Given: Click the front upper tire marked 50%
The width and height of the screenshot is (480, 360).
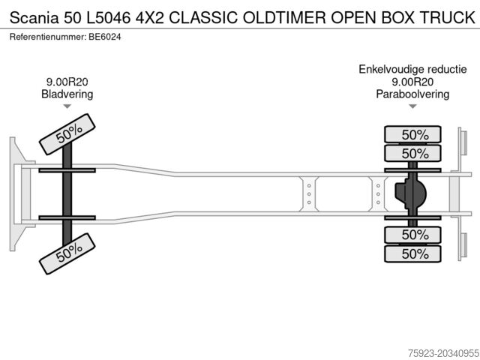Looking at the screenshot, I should pyautogui.click(x=67, y=133).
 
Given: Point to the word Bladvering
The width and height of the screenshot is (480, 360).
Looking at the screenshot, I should pyautogui.click(x=67, y=94).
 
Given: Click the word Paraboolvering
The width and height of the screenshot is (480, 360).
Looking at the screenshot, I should pyautogui.click(x=412, y=94).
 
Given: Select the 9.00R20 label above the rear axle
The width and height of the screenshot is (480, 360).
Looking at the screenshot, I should pyautogui.click(x=412, y=82).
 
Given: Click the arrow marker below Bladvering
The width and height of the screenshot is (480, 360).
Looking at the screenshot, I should pyautogui.click(x=67, y=107).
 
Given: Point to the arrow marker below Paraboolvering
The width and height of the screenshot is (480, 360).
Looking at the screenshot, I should pyautogui.click(x=412, y=107).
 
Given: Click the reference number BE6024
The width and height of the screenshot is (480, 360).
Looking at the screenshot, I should pyautogui.click(x=104, y=36).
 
